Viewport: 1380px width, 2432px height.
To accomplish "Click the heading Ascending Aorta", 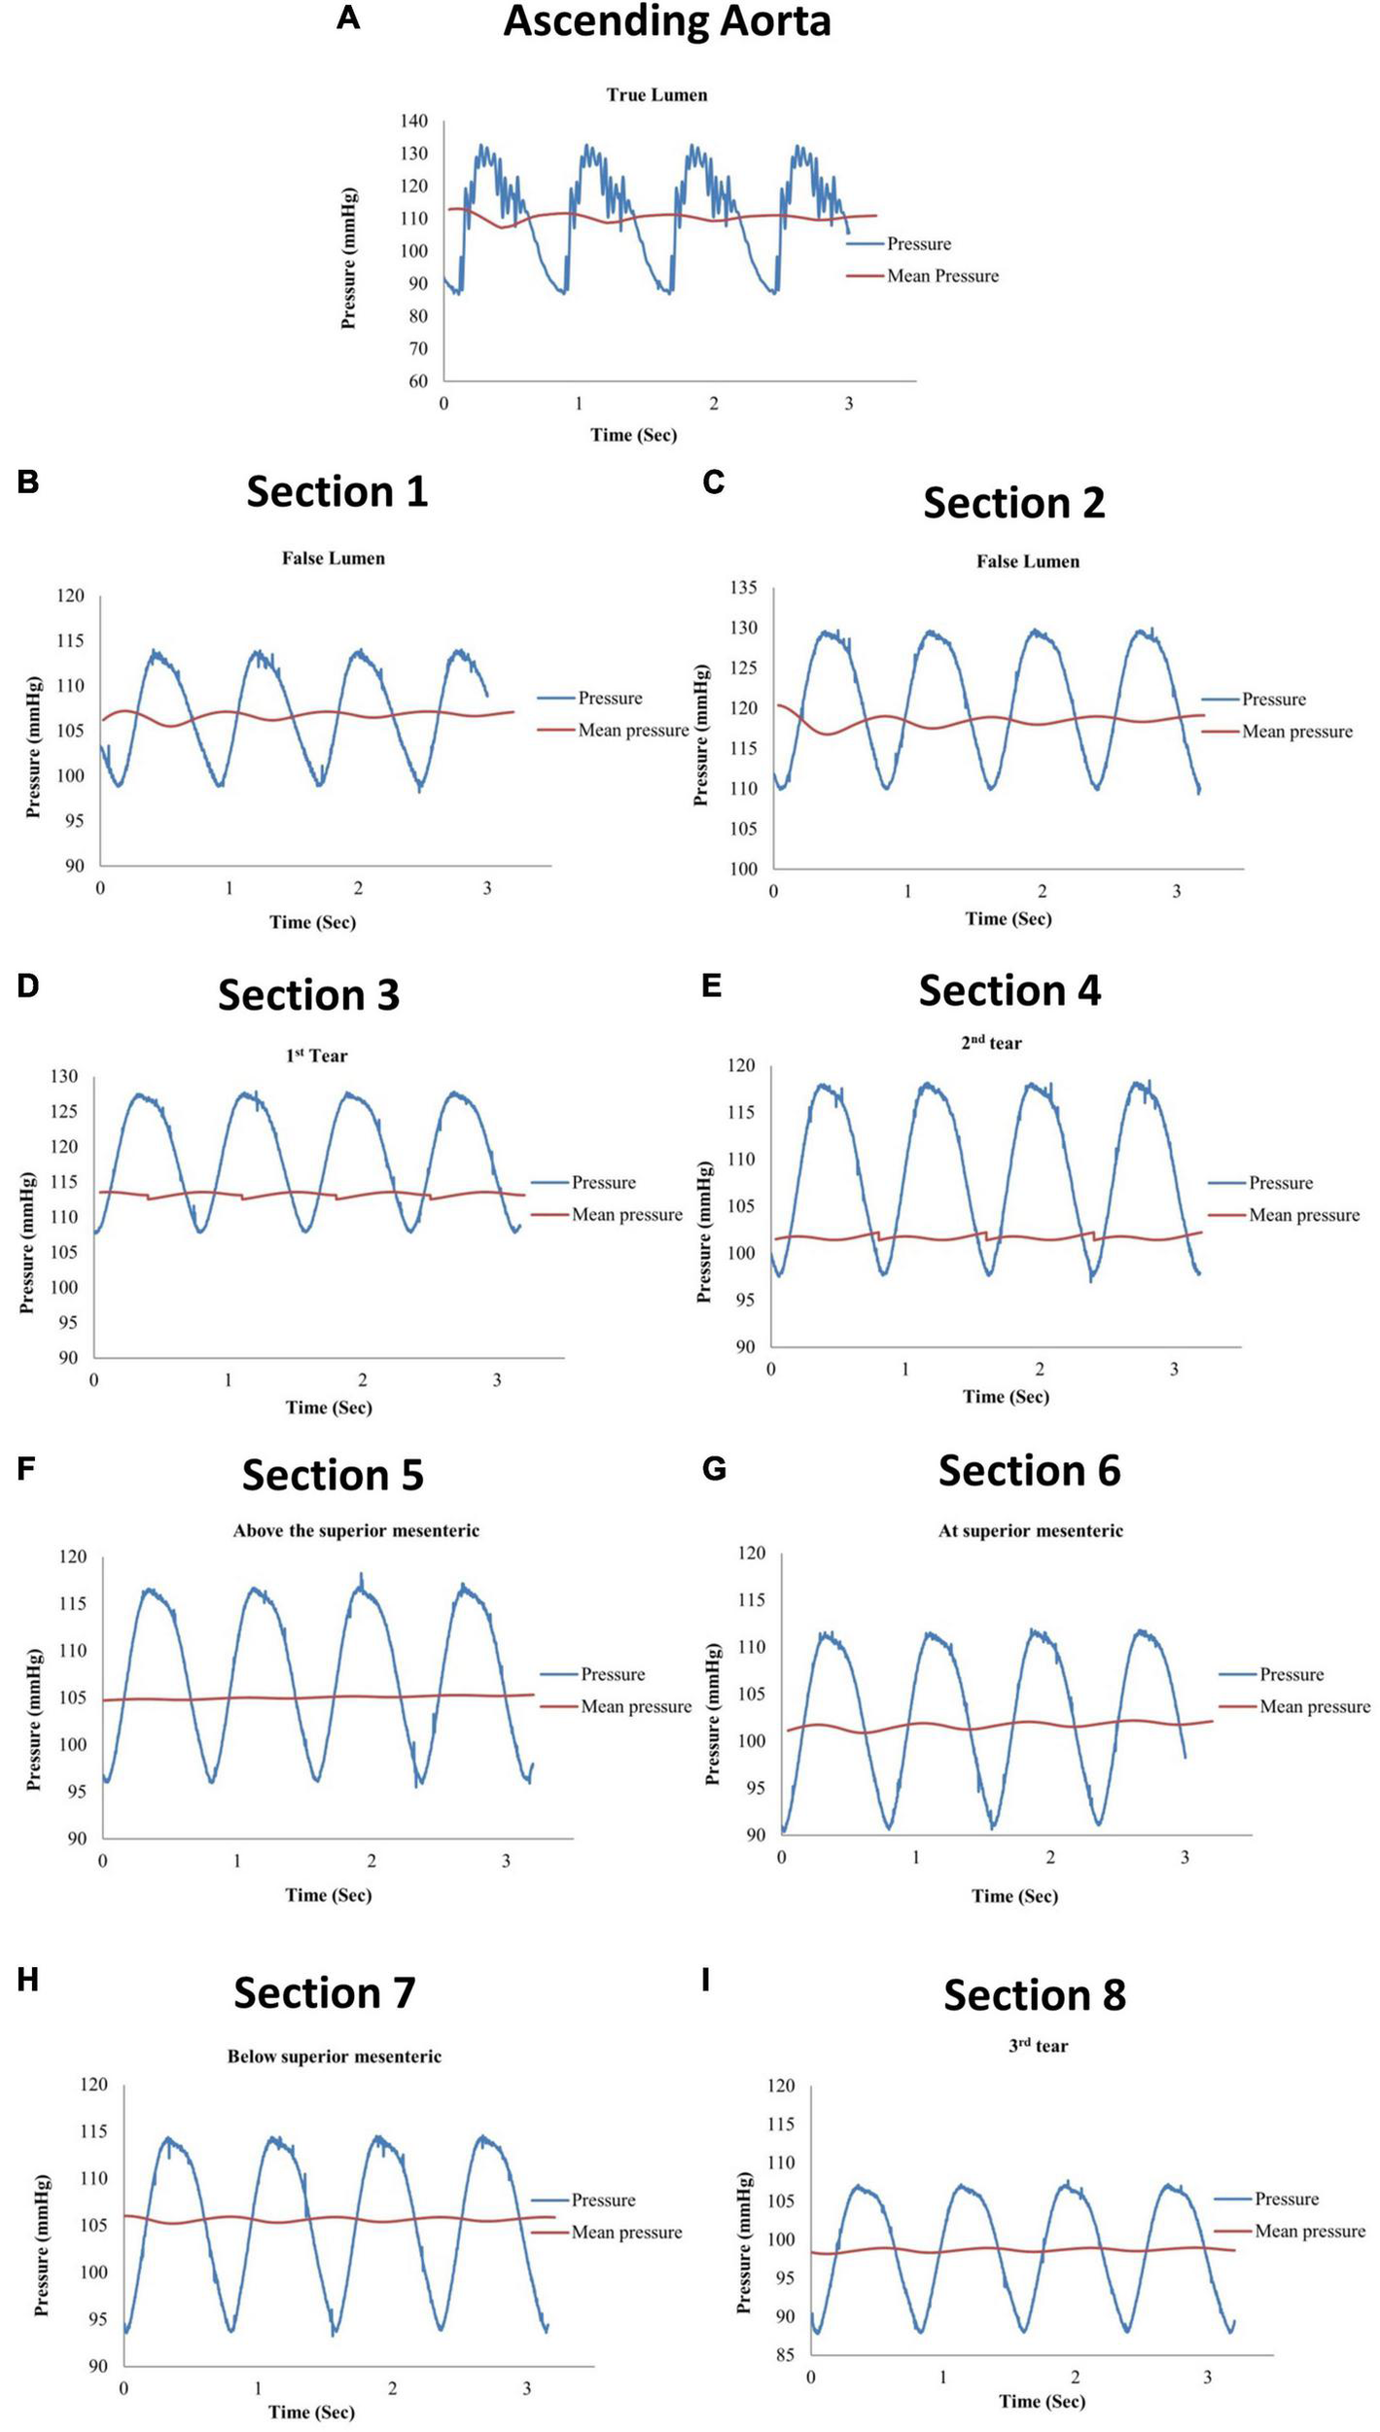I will point(666,21).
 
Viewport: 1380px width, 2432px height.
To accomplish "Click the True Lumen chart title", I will point(656,95).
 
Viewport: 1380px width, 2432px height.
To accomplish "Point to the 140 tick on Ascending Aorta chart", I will point(413,121).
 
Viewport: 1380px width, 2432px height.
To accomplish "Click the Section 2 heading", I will point(1013,503).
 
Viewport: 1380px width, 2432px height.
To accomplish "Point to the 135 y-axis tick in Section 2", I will point(744,588).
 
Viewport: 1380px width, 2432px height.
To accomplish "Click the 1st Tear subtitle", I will point(316,1055).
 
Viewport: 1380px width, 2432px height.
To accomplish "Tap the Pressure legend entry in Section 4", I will point(1280,1183).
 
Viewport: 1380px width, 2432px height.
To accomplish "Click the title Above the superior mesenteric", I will point(356,1530).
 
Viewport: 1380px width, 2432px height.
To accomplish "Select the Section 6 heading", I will point(1029,1470).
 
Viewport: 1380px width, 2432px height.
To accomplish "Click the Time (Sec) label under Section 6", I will point(1014,1895).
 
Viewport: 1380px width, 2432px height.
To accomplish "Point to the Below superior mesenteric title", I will point(334,2056).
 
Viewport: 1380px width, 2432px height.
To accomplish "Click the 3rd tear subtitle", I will point(1038,2046).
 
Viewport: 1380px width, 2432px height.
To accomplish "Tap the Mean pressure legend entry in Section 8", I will point(1309,2231).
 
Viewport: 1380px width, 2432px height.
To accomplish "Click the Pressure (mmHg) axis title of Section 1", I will point(34,746).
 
